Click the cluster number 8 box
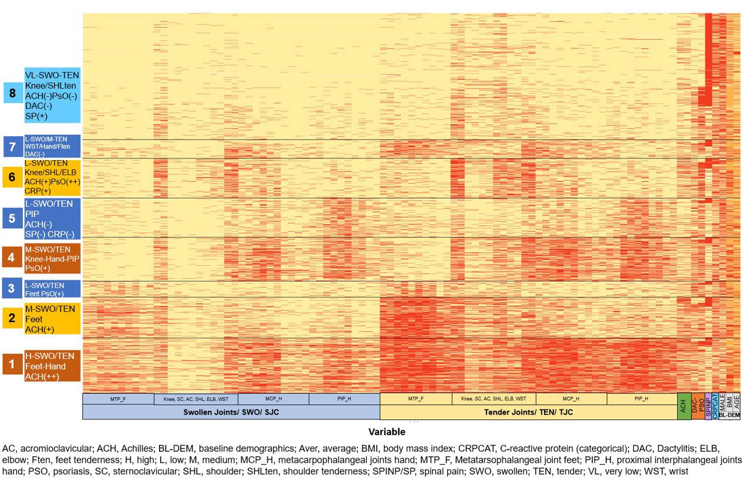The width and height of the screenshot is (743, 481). [12, 93]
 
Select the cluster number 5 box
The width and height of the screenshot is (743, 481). [12, 218]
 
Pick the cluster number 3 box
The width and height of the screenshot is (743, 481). [12, 288]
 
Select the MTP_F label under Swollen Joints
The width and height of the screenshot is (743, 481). [118, 399]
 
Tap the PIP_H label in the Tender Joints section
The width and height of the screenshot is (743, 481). [641, 399]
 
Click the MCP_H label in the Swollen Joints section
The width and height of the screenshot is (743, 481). [273, 399]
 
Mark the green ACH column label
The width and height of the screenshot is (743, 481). [684, 406]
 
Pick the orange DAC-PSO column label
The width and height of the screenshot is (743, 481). [697, 406]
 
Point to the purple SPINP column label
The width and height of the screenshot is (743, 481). [708, 406]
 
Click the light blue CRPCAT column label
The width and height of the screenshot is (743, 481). [715, 406]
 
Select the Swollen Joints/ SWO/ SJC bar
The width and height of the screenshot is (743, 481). [231, 412]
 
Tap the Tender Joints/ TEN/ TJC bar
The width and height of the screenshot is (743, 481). [528, 412]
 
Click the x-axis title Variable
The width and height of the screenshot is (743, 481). [387, 432]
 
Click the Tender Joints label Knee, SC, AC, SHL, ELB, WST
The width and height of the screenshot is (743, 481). [494, 399]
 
